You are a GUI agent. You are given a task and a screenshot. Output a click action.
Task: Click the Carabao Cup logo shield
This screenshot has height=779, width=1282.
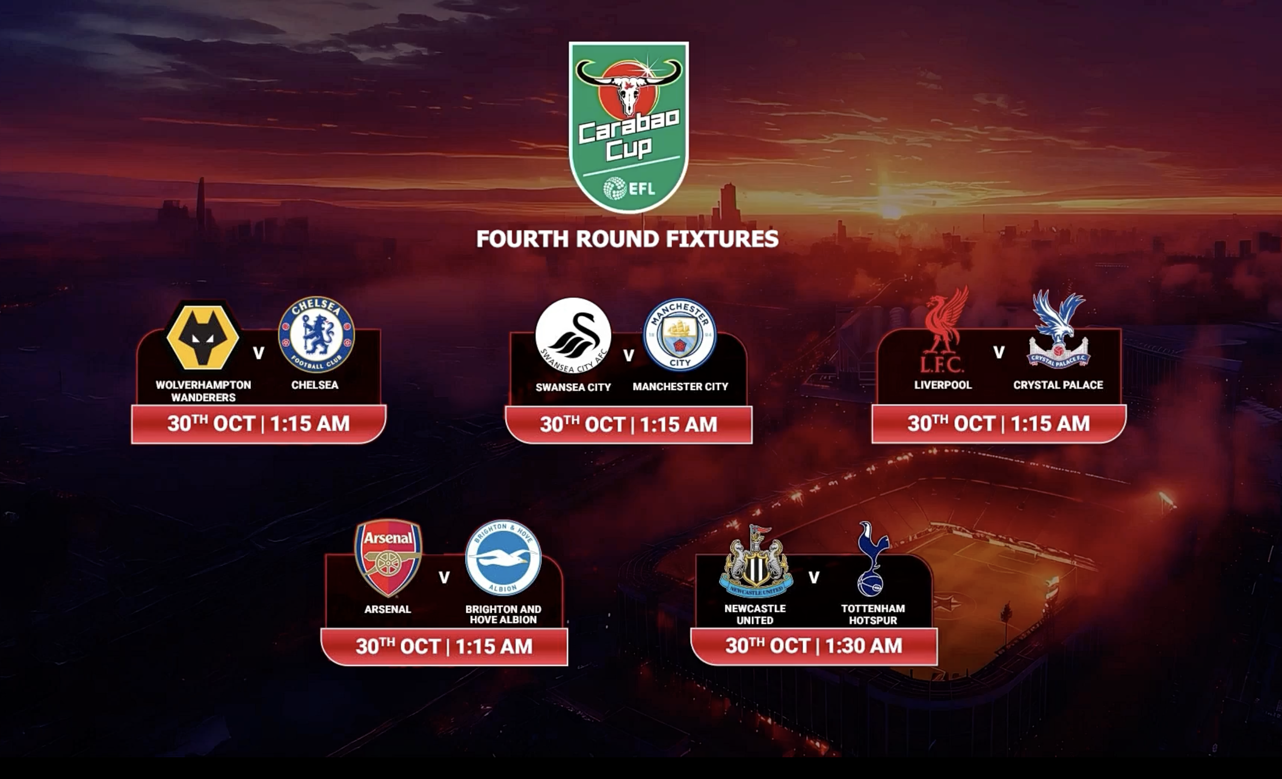[628, 128]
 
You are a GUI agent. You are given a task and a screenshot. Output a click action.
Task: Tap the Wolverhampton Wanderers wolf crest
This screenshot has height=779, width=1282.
[203, 337]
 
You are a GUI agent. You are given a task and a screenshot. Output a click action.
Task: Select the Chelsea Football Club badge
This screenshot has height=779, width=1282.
[316, 335]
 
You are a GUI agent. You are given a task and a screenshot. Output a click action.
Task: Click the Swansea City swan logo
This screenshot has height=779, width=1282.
[573, 335]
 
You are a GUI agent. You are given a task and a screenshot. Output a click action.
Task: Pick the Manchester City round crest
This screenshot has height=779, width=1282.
[680, 335]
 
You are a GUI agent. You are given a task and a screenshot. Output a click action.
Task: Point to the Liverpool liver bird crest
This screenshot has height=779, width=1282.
[943, 331]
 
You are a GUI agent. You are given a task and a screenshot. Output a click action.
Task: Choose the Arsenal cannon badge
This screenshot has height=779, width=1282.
[388, 558]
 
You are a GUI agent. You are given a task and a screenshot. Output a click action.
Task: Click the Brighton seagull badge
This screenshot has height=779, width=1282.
[503, 558]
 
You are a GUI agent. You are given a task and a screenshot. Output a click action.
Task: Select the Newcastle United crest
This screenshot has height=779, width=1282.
[756, 562]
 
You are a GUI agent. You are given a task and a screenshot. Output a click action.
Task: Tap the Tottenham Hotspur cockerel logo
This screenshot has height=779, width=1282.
[872, 560]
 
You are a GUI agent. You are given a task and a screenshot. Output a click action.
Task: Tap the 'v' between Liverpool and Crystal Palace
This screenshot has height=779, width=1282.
[999, 353]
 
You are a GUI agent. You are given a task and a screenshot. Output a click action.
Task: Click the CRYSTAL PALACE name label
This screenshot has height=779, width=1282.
[1058, 385]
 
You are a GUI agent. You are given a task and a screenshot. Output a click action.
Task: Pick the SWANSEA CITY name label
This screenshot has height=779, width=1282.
[573, 387]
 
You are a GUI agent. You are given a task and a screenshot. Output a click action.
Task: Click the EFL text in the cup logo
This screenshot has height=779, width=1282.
[641, 188]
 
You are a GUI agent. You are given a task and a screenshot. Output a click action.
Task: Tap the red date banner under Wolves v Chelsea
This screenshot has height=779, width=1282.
[259, 424]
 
